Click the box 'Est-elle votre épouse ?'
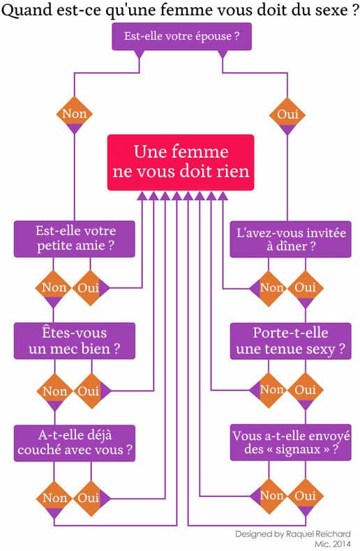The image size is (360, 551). point(182,36)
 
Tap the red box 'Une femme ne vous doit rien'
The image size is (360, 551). point(181,163)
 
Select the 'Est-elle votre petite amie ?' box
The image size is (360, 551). point(75,239)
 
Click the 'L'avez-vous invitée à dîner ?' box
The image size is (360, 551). point(290,239)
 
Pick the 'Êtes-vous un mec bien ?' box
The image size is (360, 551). point(75,341)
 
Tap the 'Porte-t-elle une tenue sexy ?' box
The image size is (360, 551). point(290,341)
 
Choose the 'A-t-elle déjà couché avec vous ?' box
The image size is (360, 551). point(75,443)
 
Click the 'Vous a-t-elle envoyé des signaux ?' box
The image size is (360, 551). point(290,442)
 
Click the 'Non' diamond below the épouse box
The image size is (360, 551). point(74,114)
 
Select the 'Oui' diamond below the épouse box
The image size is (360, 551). point(287,115)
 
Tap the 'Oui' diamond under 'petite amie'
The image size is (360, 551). point(90,288)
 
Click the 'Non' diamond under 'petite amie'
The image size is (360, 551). point(53,288)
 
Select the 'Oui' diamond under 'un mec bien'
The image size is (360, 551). point(91,391)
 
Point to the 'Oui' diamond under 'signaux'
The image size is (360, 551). point(305,497)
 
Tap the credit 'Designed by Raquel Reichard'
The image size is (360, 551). point(293,534)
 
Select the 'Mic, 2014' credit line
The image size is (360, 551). point(333,544)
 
